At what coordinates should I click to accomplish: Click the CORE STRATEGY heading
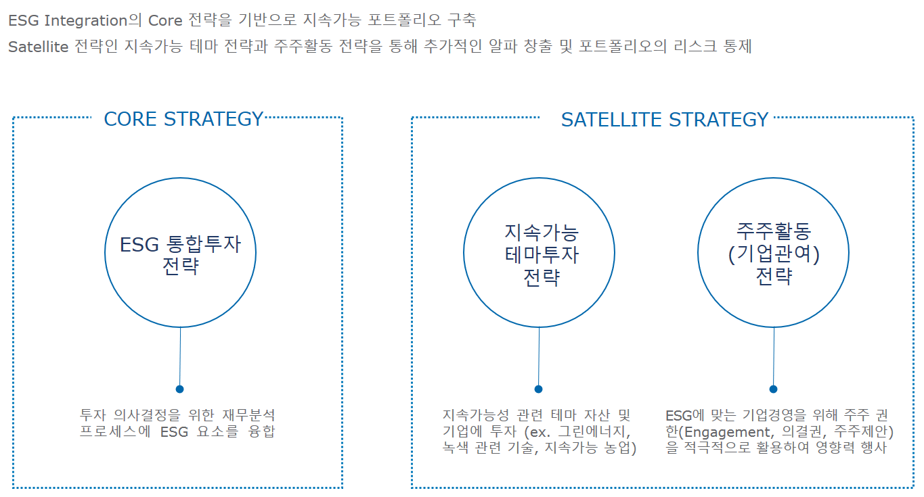coord(183,119)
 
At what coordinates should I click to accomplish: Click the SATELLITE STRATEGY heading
coord(665,120)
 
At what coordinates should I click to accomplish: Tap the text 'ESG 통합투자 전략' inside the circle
coord(180,255)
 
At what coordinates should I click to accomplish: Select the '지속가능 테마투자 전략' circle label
coord(542,255)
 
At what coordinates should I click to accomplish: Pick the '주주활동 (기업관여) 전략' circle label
coord(774,254)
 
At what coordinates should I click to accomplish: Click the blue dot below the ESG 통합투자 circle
coord(179,389)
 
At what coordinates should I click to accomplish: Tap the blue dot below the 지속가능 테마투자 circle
coord(538,389)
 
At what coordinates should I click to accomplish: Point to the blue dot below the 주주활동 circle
coord(774,389)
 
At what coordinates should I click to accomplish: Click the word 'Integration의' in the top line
coord(93,20)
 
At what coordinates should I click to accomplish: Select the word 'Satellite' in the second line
coord(39,47)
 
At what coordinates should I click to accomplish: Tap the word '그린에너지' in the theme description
coord(594,432)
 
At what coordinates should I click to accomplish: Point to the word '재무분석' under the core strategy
coord(248,415)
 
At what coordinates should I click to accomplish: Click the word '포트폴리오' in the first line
coord(404,20)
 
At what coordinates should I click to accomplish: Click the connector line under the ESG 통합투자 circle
coord(180,356)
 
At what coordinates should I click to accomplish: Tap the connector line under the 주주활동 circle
coord(774,356)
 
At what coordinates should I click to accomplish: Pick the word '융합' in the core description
coord(261,431)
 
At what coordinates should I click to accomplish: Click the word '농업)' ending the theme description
coord(620,448)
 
